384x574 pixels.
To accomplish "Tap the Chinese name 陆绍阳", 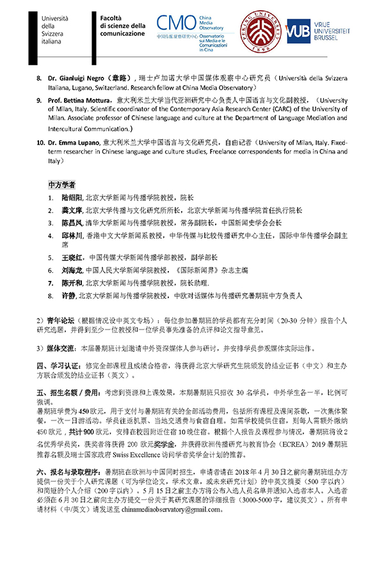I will tap(72, 198).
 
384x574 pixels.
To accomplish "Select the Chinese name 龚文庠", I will tap(72, 210).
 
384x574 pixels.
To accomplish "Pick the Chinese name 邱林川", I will tap(72, 235).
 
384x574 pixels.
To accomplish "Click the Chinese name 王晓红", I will tap(72, 258).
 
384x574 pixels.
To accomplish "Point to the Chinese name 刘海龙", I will tap(72, 270).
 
